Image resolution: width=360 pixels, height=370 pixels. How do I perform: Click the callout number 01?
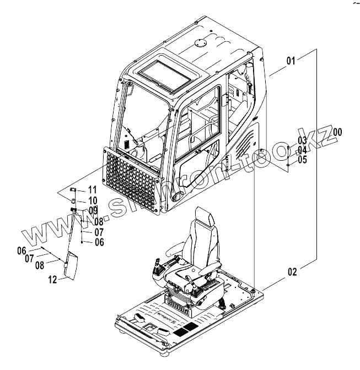point(291,60)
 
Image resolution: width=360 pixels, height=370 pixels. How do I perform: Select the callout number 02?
point(292,270)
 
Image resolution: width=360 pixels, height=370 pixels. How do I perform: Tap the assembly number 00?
point(337,132)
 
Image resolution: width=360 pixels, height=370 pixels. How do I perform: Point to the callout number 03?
point(302,140)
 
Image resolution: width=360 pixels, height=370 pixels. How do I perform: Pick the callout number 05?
point(302,160)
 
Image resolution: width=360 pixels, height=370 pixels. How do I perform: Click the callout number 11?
point(92,189)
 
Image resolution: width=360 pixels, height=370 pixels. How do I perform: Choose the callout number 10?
point(92,200)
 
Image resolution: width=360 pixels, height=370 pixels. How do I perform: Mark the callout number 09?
point(93,210)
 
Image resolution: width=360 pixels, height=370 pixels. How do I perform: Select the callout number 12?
point(52,279)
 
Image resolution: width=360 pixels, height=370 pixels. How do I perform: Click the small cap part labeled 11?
point(72,191)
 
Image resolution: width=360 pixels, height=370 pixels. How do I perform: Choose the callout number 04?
point(302,150)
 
